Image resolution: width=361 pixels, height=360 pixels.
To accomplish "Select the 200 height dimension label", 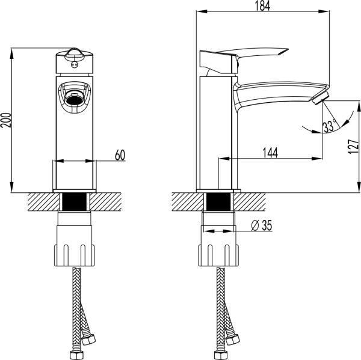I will point(6,122).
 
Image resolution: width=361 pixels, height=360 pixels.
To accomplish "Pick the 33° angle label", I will point(329,127).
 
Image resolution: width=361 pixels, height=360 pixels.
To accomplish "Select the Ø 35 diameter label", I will point(260,225).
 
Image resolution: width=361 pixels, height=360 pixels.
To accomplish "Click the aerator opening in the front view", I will point(75,95).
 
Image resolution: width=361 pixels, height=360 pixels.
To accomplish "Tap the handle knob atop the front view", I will point(75,56).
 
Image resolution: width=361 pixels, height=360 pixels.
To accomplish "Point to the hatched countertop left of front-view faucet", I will point(39,201).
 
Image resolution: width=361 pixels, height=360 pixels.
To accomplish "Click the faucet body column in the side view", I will point(220,132).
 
